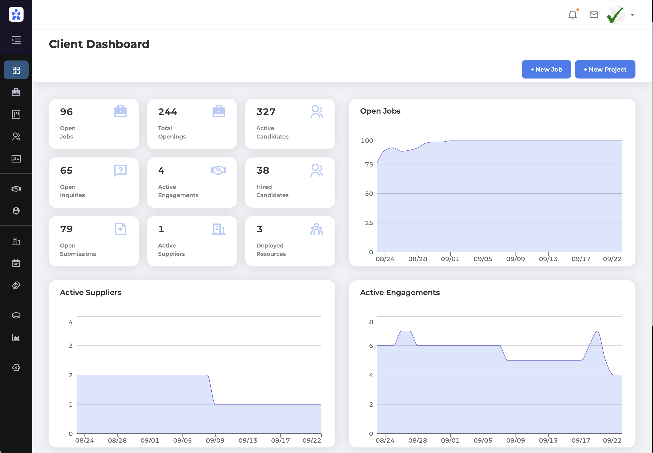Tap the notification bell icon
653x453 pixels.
pyautogui.click(x=572, y=15)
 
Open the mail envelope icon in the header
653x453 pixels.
pyautogui.click(x=593, y=15)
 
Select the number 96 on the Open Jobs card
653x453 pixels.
pyautogui.click(x=66, y=112)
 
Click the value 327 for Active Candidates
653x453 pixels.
pyautogui.click(x=266, y=112)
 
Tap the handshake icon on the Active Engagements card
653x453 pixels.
pyautogui.click(x=219, y=170)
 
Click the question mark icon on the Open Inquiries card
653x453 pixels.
pyautogui.click(x=120, y=170)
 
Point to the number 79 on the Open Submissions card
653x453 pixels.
pyautogui.click(x=66, y=229)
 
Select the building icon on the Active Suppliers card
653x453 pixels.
pyautogui.click(x=219, y=229)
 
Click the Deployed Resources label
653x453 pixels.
pyautogui.click(x=271, y=250)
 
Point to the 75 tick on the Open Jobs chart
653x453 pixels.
pyautogui.click(x=369, y=164)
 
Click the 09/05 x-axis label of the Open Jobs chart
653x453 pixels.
pyautogui.click(x=482, y=259)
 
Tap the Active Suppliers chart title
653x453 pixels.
pyautogui.click(x=90, y=292)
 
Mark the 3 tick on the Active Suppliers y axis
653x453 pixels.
pyautogui.click(x=71, y=346)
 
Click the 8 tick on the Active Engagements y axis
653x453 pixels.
pyautogui.click(x=371, y=322)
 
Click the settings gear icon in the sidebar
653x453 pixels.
pyautogui.click(x=16, y=368)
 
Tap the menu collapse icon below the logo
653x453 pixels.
pyautogui.click(x=16, y=40)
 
